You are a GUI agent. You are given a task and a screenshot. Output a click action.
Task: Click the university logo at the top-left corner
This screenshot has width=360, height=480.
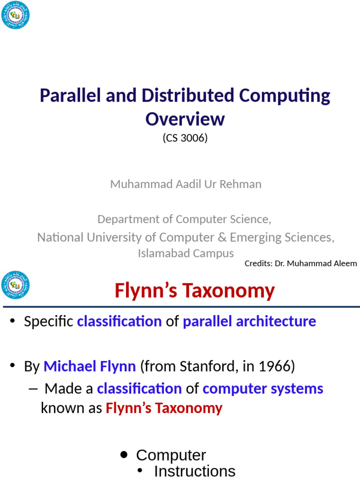coord(15,15)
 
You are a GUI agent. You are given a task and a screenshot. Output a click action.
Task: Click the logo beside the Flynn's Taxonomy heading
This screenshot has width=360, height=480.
coord(15,285)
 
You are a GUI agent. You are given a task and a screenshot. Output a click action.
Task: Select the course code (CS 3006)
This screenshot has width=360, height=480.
coord(185,138)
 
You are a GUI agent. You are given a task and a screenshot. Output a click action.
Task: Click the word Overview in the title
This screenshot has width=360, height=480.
coord(185,119)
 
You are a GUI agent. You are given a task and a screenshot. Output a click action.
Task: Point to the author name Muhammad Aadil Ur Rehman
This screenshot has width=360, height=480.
coord(186,184)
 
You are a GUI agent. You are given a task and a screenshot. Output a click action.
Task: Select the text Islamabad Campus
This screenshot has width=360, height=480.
coord(186,254)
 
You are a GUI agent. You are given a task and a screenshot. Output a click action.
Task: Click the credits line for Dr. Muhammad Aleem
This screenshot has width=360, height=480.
coord(300,263)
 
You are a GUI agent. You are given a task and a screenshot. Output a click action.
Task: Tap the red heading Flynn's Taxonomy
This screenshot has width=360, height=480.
coord(195,291)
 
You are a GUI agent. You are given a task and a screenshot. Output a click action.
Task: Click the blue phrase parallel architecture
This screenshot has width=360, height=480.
coord(249,322)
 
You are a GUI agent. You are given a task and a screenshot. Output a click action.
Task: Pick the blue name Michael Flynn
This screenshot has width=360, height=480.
coord(90,367)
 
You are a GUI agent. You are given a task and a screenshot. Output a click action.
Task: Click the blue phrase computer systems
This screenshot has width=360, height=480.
coord(262,389)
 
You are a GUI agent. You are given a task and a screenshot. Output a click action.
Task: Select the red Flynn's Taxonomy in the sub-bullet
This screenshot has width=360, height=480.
coord(164,408)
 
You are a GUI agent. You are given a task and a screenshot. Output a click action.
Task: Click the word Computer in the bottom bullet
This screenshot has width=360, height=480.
coord(171,455)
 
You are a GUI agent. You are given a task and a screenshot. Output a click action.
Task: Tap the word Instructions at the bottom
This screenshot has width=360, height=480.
coord(195,471)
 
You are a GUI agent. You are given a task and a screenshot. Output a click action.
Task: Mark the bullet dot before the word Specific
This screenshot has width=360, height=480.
coord(13,322)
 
